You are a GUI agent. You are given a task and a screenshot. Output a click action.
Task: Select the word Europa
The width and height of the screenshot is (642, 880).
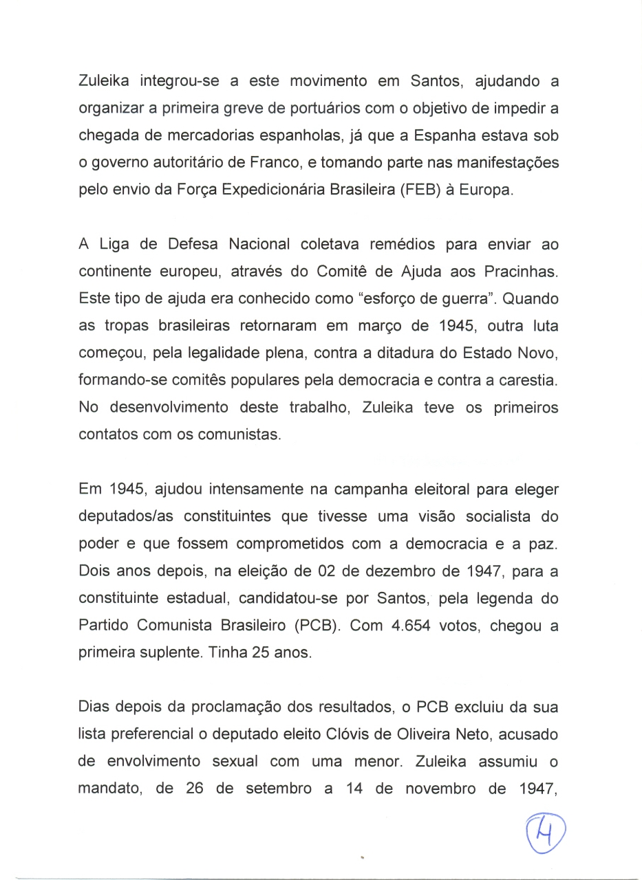[489, 190]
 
